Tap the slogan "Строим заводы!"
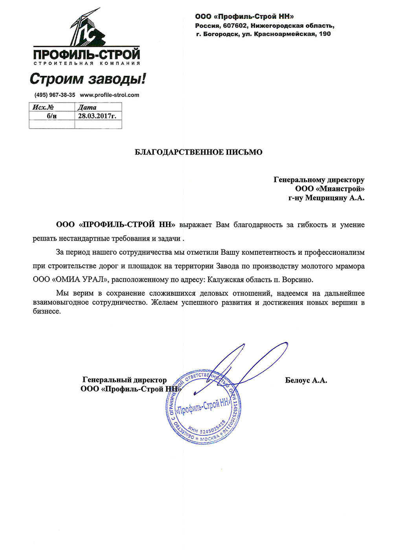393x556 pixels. coord(88,79)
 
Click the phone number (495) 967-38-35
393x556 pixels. coord(55,95)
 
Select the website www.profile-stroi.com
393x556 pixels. coord(109,95)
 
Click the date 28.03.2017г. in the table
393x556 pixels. coord(97,116)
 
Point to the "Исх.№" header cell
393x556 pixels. coord(43,107)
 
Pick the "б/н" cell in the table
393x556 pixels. coord(51,116)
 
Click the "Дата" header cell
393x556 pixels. coord(87,107)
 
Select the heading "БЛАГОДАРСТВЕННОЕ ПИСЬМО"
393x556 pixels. coord(198,152)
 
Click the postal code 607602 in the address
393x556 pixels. coord(235,26)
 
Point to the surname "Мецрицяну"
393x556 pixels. coord(327,198)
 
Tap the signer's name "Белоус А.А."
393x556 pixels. coord(306,380)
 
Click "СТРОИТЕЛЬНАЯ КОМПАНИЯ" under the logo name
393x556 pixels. coord(87,63)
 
